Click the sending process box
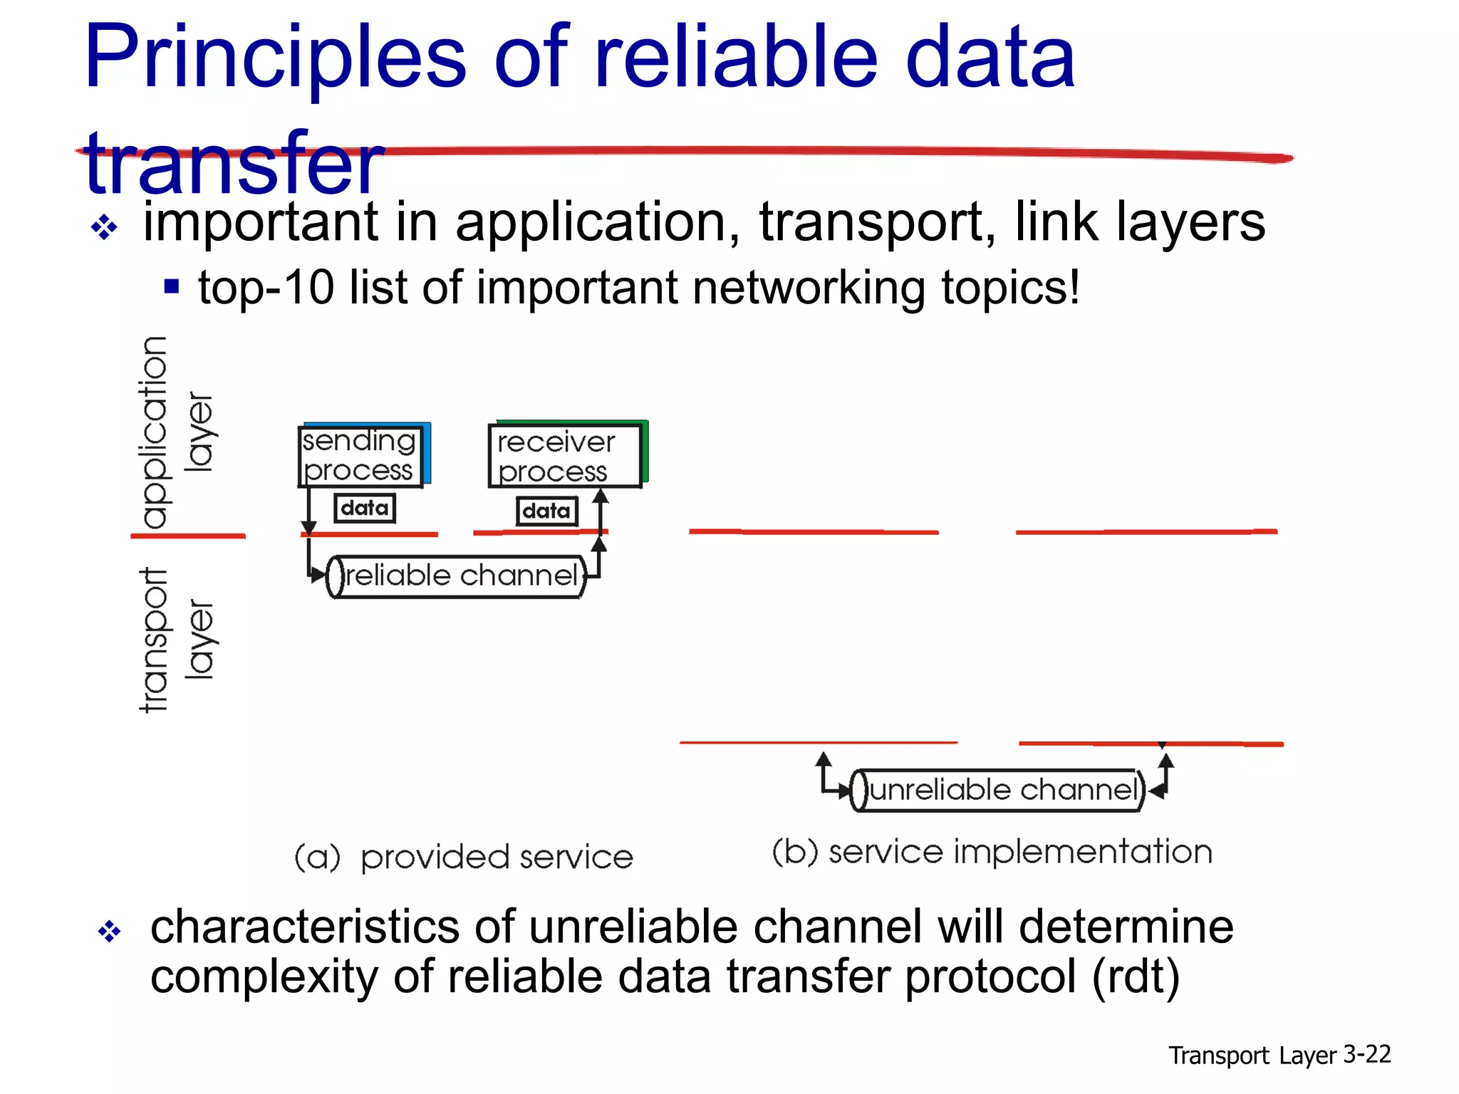coord(360,456)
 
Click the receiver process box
coord(564,457)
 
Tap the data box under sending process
coord(365,508)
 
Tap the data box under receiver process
coord(546,511)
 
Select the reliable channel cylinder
coord(457,576)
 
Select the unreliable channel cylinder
coord(998,790)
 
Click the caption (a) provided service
coord(464,857)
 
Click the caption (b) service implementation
coord(992,852)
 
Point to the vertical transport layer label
coord(175,640)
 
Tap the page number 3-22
coord(1366,1053)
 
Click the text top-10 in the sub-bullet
coord(265,288)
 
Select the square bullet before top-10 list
coord(171,286)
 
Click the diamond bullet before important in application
coord(104,228)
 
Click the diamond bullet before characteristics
coord(110,931)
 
